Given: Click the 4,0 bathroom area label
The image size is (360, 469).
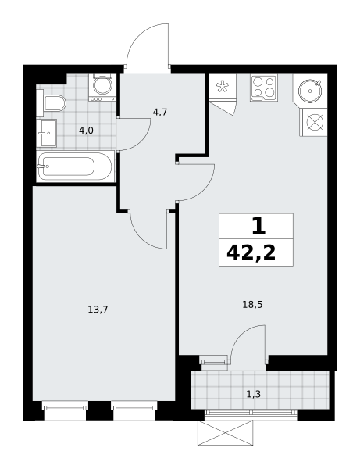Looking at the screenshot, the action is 86,131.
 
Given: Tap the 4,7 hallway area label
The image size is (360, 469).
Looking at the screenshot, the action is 160,113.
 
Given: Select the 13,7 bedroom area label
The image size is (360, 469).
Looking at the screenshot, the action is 98,310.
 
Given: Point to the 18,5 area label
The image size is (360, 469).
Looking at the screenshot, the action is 252,305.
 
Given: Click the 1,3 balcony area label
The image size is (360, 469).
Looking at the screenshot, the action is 253,395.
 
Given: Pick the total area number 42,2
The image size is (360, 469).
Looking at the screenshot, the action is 251,253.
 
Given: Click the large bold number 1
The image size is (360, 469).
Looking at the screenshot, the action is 258,227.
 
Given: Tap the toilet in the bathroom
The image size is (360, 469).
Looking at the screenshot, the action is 51,103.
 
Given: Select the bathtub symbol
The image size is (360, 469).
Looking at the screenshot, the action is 75,166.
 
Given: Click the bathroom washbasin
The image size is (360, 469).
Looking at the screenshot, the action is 47,133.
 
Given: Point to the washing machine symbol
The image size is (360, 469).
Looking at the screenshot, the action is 101,88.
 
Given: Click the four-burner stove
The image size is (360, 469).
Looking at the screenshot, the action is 264,88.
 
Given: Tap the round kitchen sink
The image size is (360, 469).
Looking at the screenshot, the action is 310,90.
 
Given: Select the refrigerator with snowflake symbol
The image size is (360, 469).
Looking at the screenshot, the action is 223,86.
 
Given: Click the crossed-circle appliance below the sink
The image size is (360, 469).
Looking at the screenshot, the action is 315,123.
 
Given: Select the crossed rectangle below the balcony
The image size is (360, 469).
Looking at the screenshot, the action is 225,433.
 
